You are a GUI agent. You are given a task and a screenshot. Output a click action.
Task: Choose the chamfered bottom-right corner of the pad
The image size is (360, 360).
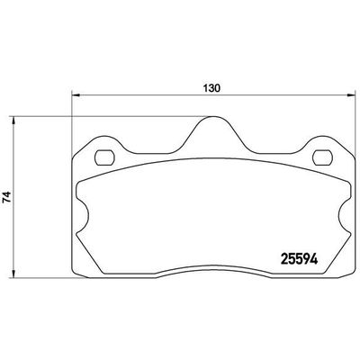coord(346,267)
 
